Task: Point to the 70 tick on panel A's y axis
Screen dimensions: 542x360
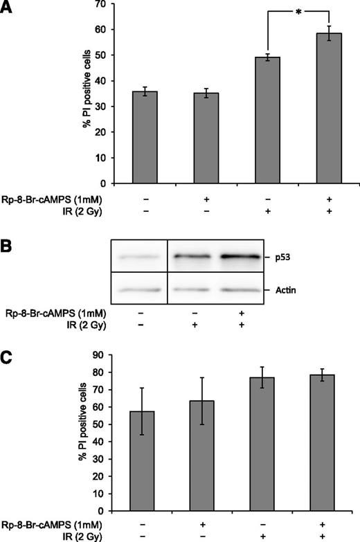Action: pyautogui.click(x=106, y=5)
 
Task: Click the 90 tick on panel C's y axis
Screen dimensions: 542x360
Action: pyautogui.click(x=106, y=355)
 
